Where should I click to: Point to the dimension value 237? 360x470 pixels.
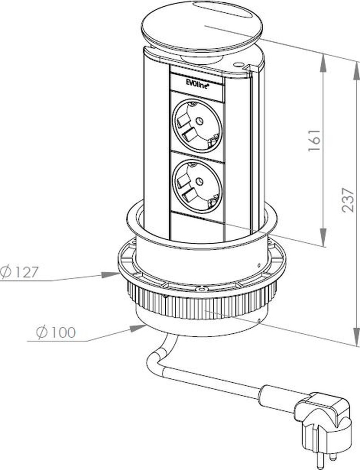(x=347, y=199)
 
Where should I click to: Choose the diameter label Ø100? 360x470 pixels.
(x=55, y=333)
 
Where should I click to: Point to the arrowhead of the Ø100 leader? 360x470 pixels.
(x=139, y=327)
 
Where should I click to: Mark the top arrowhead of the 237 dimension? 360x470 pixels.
(x=356, y=70)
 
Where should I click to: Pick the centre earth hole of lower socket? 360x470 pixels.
(x=199, y=181)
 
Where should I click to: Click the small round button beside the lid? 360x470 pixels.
(x=238, y=64)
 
